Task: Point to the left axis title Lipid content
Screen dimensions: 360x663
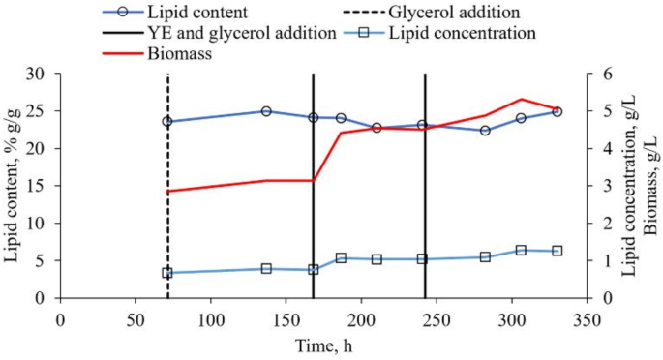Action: pos(13,185)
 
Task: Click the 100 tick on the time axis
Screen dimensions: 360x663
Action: pos(210,317)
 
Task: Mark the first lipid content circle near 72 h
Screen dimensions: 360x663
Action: pos(167,122)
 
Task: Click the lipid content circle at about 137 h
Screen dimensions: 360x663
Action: pos(266,111)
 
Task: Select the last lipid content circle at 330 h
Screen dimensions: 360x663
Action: pos(557,111)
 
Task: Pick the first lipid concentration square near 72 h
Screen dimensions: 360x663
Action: pos(167,273)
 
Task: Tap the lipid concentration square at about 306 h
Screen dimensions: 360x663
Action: pos(521,250)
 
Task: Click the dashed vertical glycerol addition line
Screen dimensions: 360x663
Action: pos(167,194)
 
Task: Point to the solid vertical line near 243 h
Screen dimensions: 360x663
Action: pos(425,194)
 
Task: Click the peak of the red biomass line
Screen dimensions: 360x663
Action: pos(521,99)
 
